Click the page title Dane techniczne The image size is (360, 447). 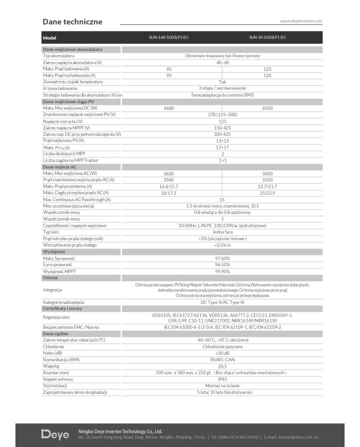coord(73,22)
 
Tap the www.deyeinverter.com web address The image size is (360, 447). coord(301,21)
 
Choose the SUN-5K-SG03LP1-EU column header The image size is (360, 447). coord(267,38)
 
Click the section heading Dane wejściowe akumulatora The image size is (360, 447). coord(72,49)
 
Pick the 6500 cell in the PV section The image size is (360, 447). coord(267,108)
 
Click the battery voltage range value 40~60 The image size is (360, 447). coord(222,62)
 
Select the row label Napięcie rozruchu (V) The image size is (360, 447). coord(63,121)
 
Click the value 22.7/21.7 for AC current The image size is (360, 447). coord(267,186)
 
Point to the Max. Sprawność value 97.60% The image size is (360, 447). coord(222,258)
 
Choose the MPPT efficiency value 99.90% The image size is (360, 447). coord(222,271)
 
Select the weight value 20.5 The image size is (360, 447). coord(222,366)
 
